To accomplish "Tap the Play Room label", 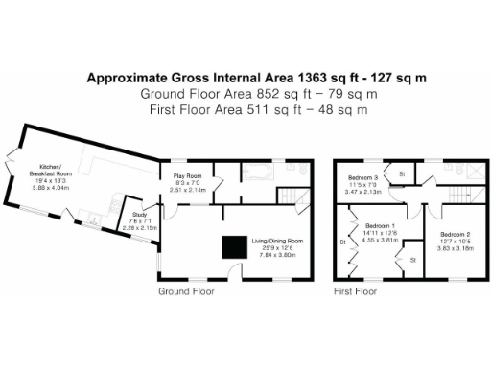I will tap(187, 176).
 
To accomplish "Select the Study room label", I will tap(140, 216).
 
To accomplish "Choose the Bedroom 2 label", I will tap(456, 234).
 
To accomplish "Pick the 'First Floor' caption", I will tap(355, 288).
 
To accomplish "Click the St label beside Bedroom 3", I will tap(402, 173).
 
